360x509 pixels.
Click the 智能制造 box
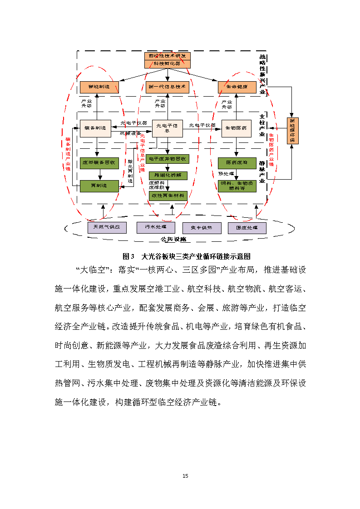99,87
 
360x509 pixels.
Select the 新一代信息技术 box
168,87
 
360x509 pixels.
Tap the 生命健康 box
236,87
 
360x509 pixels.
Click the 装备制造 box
95,128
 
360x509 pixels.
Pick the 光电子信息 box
167,128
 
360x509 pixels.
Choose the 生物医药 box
237,128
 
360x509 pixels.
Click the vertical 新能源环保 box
293,131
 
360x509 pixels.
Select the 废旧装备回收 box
99,163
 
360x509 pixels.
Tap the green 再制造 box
99,185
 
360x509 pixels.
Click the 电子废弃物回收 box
168,159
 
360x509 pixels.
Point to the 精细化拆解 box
168,175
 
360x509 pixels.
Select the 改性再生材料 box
168,196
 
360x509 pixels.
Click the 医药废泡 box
237,163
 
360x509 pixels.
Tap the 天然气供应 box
107,227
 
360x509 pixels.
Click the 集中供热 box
202,227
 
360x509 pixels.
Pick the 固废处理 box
247,227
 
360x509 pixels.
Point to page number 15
185,476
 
